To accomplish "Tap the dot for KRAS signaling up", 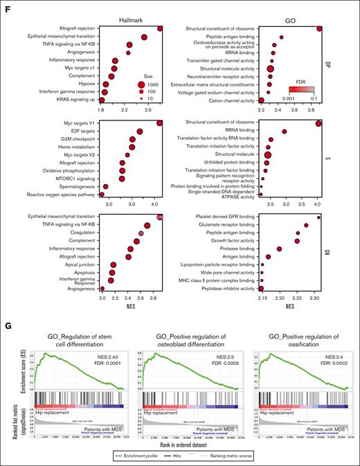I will pyautogui.click(x=103, y=100).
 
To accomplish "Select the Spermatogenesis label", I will pyautogui.click(x=75, y=187).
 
